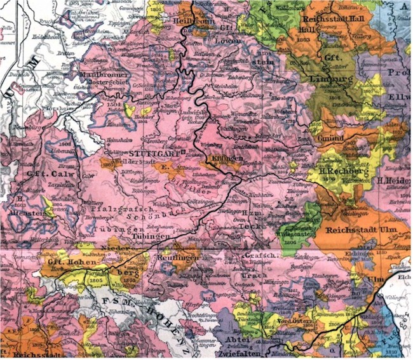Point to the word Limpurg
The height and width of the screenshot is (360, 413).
[331, 79]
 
